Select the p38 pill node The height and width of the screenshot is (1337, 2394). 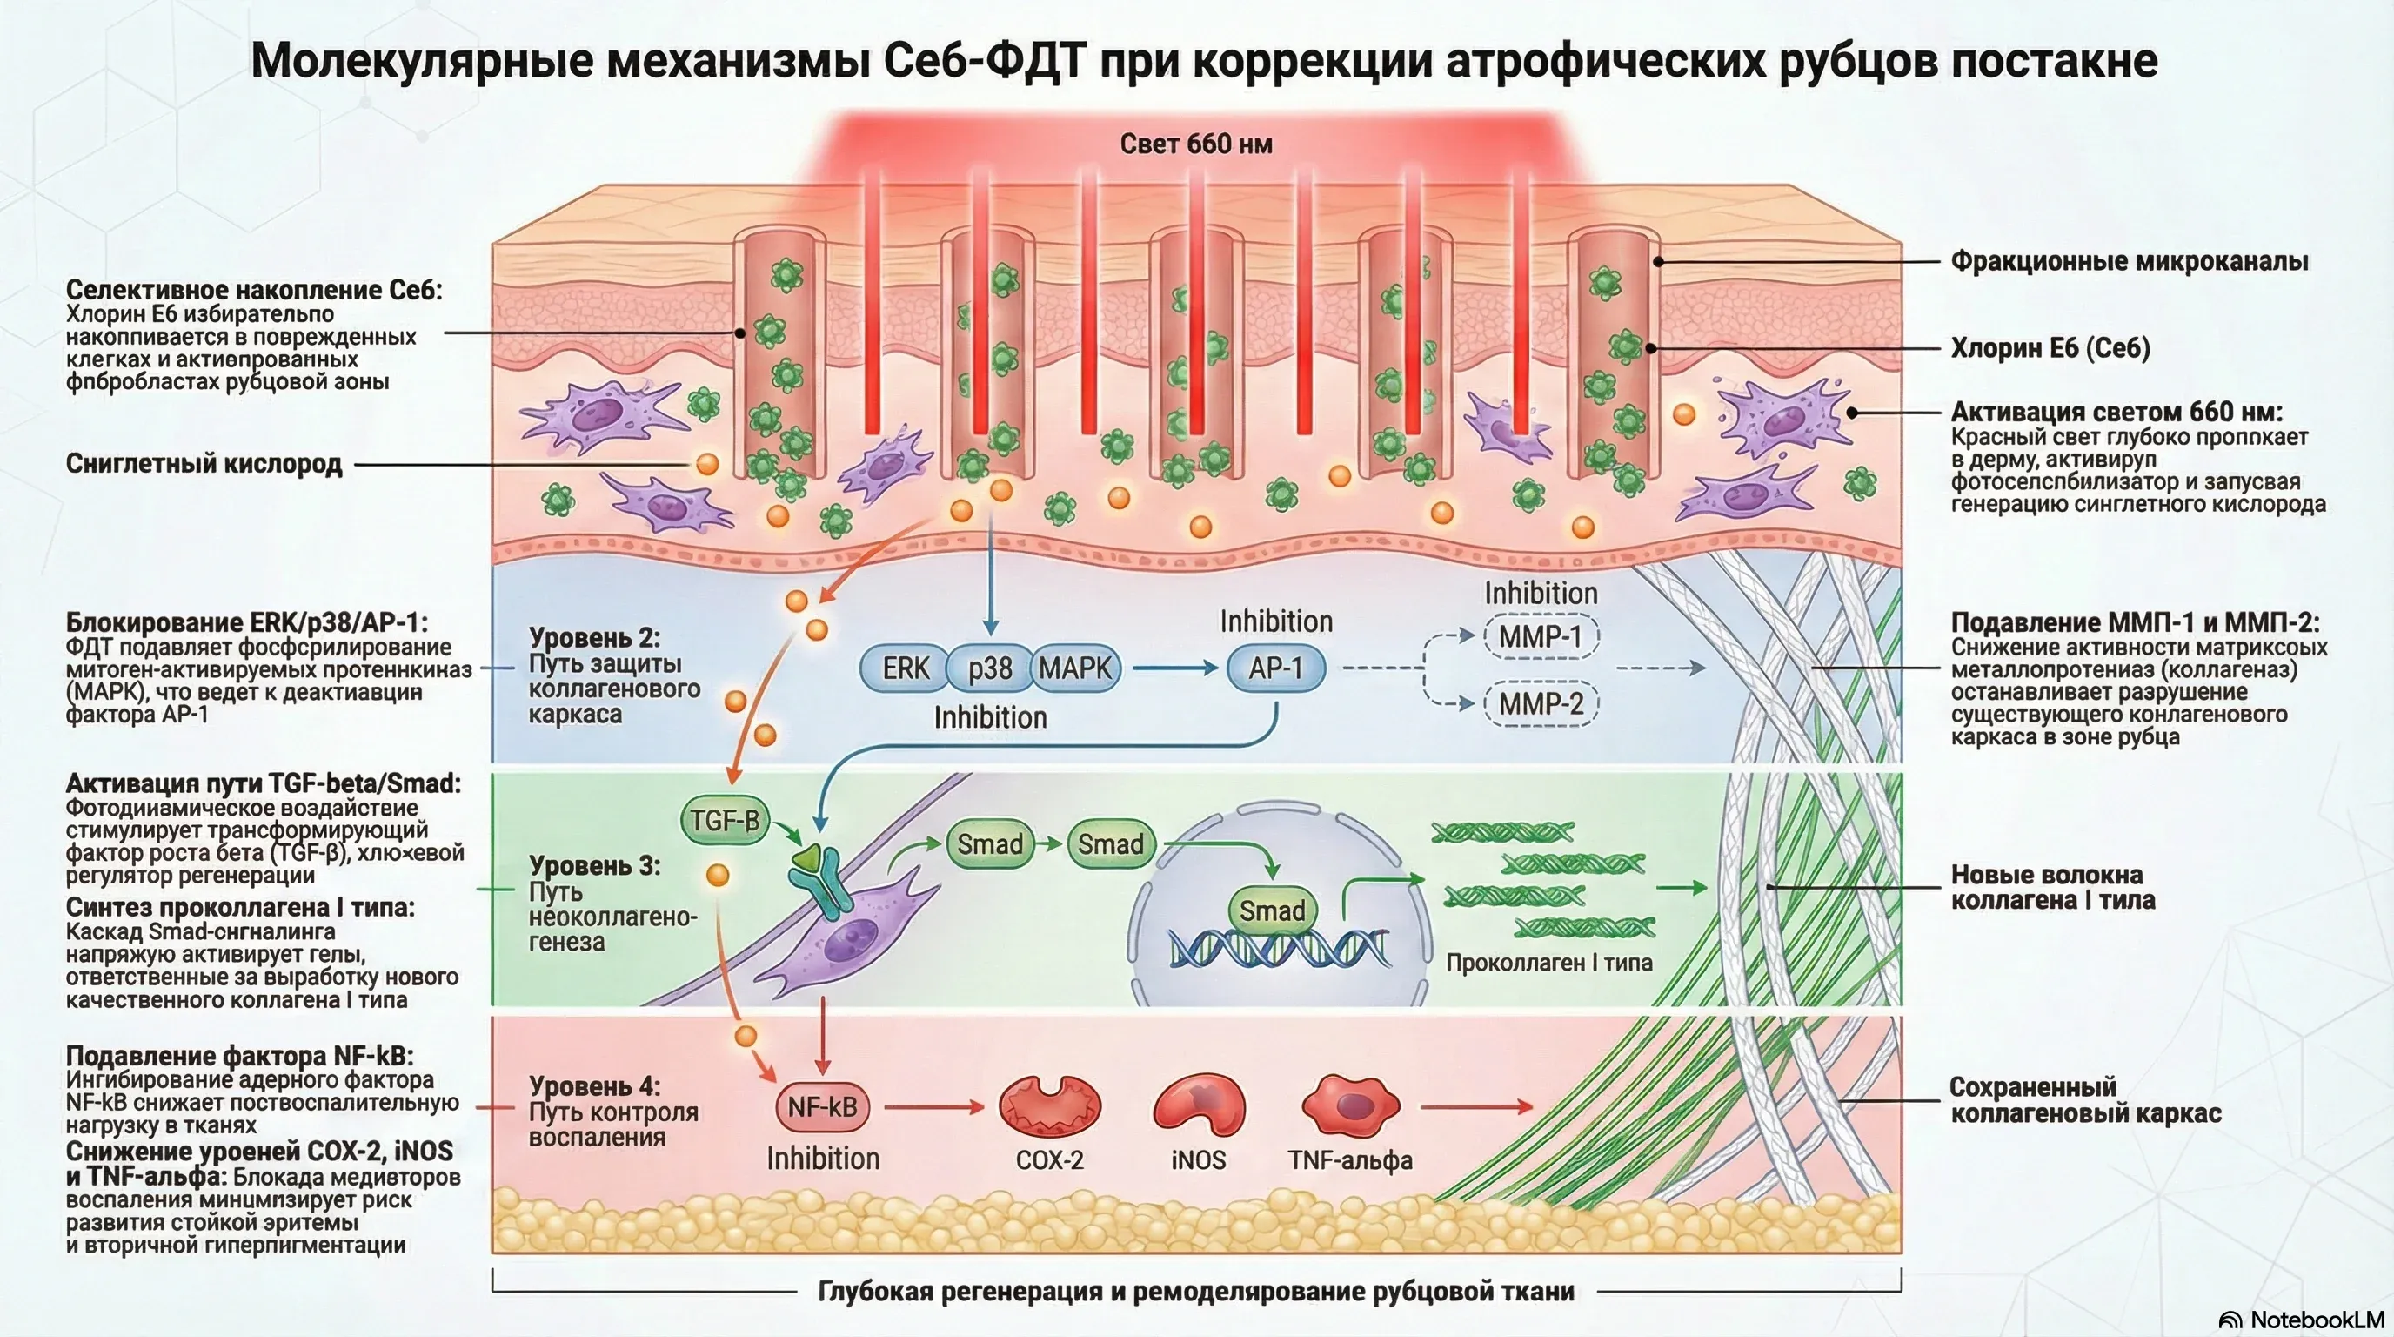point(990,668)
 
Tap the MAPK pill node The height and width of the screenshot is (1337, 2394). point(1075,668)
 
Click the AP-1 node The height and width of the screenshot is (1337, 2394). point(1275,668)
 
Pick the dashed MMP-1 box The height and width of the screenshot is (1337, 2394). point(1539,637)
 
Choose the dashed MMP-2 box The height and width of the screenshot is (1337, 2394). point(1540,704)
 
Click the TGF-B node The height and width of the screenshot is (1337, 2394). point(725,820)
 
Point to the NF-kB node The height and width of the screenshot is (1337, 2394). point(821,1107)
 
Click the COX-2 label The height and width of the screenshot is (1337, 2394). point(1049,1160)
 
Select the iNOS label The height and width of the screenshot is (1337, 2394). point(1198,1160)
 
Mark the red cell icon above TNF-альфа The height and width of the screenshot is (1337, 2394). point(1350,1105)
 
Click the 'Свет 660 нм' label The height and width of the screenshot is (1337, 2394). point(1195,144)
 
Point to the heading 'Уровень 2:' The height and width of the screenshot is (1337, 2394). point(594,638)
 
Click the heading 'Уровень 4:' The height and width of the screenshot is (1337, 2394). point(594,1086)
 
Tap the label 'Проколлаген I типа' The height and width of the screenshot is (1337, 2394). point(1548,963)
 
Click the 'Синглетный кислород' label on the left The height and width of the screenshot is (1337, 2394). point(204,464)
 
